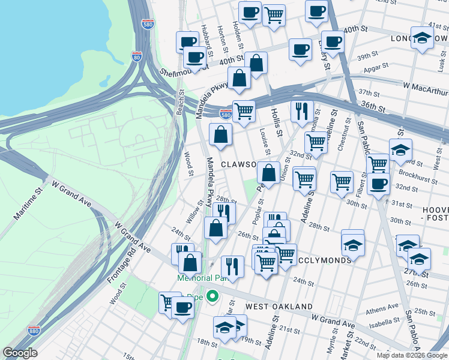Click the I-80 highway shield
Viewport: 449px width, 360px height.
(137, 57)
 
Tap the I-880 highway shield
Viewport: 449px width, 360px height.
(34, 331)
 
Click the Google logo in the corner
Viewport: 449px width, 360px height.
(20, 353)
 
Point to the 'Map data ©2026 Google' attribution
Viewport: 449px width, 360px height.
(412, 355)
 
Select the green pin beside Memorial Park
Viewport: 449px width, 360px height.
(211, 296)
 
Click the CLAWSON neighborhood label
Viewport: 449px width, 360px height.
(238, 164)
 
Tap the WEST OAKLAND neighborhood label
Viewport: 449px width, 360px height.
(279, 307)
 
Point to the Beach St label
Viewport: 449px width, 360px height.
(179, 103)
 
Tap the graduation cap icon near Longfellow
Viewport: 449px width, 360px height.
(422, 39)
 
